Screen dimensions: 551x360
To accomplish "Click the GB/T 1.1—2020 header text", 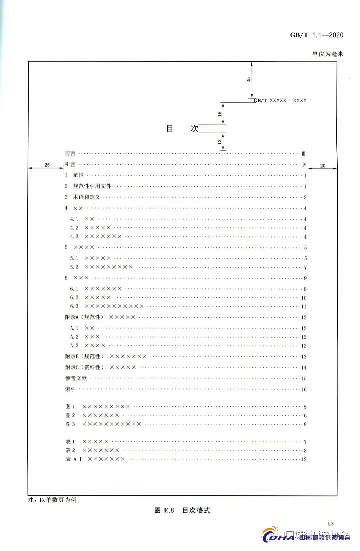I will click(316, 35).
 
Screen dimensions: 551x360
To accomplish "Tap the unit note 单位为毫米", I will click(327, 54).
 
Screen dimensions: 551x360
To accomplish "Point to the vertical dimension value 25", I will click(249, 80).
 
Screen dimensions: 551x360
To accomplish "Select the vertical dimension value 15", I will click(220, 114).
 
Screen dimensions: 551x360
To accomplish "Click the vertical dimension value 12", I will click(219, 142).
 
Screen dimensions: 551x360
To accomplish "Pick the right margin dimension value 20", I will click(323, 166).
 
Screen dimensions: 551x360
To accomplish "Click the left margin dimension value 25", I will click(47, 165).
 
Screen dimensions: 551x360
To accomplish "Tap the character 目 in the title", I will click(170, 129).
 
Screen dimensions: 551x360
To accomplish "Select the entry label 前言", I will click(70, 153).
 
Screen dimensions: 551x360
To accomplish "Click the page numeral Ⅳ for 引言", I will click(304, 165).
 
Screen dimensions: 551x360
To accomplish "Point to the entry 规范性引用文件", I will click(92, 186).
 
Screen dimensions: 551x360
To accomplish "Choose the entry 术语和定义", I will click(87, 197).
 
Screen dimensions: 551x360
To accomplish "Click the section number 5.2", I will click(74, 267).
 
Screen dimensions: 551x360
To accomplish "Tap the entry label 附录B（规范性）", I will click(84, 356).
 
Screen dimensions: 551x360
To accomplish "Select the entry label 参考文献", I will click(76, 378).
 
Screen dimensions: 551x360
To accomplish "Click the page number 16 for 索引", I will click(304, 389).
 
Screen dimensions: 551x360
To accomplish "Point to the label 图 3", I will click(70, 424).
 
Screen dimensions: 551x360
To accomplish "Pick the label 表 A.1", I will click(73, 459).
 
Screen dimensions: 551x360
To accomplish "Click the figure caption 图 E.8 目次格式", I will click(182, 510).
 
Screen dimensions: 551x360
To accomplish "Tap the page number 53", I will click(331, 524).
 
